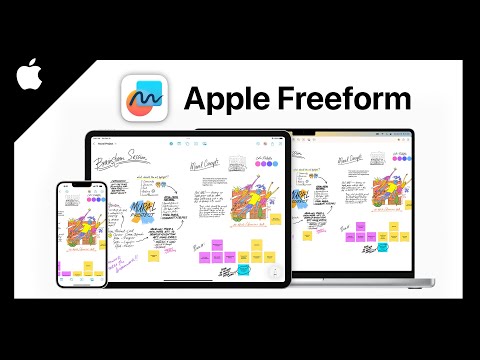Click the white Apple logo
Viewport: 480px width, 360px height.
click(29, 72)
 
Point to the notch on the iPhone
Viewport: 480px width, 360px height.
click(80, 187)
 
